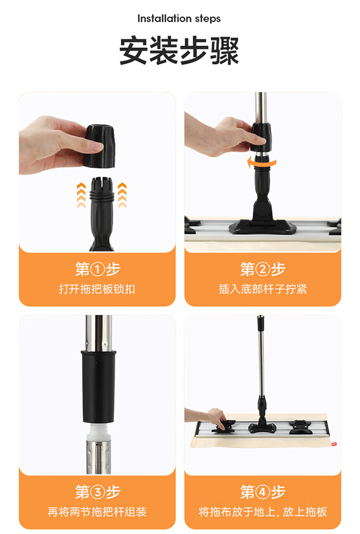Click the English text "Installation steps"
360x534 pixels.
[179, 19]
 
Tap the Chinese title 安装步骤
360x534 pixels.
[179, 50]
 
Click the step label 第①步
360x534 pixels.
[97, 269]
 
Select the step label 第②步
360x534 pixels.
[263, 269]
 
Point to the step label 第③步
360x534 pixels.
[97, 492]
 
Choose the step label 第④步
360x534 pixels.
[263, 492]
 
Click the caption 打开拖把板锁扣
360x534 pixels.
[97, 289]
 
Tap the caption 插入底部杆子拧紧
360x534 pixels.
[263, 289]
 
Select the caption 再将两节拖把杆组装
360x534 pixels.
[97, 511]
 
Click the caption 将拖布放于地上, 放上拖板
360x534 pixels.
[263, 511]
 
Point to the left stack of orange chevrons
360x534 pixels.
[80, 194]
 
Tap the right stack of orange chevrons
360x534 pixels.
[122, 194]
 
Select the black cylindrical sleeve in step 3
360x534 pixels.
[99, 386]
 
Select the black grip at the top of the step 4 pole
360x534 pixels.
[260, 318]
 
